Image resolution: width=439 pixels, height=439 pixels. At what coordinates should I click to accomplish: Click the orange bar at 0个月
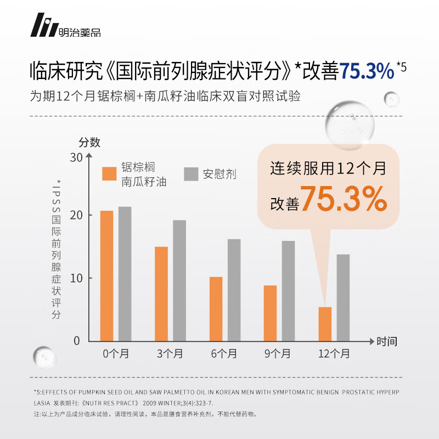106,275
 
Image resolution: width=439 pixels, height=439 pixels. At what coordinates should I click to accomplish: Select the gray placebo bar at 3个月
179,280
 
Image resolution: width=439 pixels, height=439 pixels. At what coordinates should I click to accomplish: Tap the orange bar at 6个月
216,308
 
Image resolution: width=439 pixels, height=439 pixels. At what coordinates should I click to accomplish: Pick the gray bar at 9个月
288,290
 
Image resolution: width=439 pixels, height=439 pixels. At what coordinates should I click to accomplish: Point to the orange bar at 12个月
325,324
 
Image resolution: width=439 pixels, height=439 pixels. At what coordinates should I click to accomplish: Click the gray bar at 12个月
343,297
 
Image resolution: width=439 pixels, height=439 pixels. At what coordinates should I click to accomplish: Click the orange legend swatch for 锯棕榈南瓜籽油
109,173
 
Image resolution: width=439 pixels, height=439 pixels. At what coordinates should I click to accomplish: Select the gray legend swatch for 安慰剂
190,173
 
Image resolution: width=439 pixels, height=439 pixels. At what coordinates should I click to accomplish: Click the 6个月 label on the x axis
225,354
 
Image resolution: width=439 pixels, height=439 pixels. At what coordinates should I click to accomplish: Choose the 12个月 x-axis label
334,354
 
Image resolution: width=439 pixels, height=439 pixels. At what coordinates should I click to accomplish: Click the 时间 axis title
386,341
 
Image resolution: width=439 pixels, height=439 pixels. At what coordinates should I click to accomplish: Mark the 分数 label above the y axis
89,142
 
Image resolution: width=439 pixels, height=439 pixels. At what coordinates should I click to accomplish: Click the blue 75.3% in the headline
367,71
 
